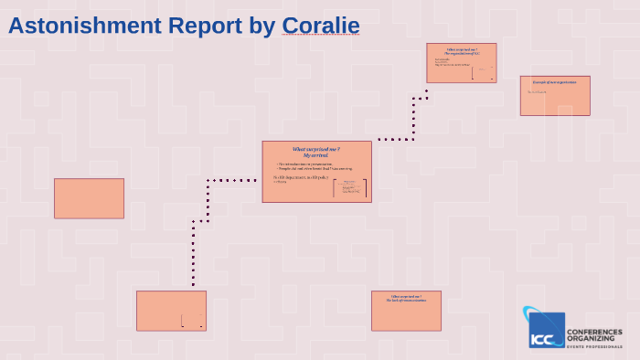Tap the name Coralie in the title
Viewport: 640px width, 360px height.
320,26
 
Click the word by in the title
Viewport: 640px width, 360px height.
261,26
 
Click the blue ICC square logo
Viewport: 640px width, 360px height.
547,330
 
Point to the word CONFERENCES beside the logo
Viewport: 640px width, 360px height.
594,332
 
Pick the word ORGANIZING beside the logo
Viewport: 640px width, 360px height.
591,338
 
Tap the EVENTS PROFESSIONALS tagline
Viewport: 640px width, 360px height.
594,346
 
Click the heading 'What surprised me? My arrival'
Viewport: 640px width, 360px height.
316,152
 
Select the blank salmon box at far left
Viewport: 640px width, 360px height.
89,198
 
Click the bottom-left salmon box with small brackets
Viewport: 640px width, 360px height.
171,311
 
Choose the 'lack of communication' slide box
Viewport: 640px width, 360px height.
406,311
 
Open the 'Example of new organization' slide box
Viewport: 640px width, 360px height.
555,95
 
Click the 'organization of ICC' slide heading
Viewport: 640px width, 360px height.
462,51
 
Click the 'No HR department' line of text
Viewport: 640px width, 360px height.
301,177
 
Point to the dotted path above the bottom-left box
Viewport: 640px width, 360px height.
193,256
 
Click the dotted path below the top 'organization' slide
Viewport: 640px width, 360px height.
413,119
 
